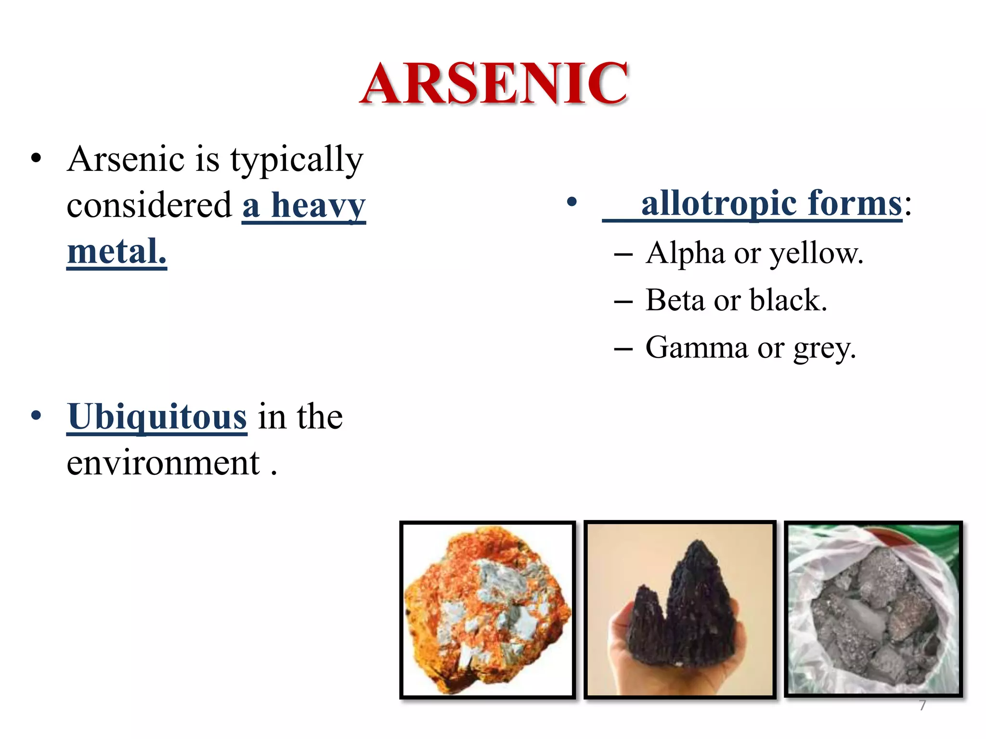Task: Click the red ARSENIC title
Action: pos(494,84)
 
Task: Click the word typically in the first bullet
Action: pos(297,160)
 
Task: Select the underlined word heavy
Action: pos(318,205)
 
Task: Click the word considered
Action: pos(150,205)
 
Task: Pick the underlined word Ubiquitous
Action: pos(157,417)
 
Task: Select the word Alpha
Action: pos(685,254)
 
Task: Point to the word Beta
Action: pos(675,300)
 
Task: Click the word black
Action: pos(788,300)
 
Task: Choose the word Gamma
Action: pos(697,347)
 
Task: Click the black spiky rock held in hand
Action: pos(684,606)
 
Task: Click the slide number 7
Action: pos(922,705)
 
